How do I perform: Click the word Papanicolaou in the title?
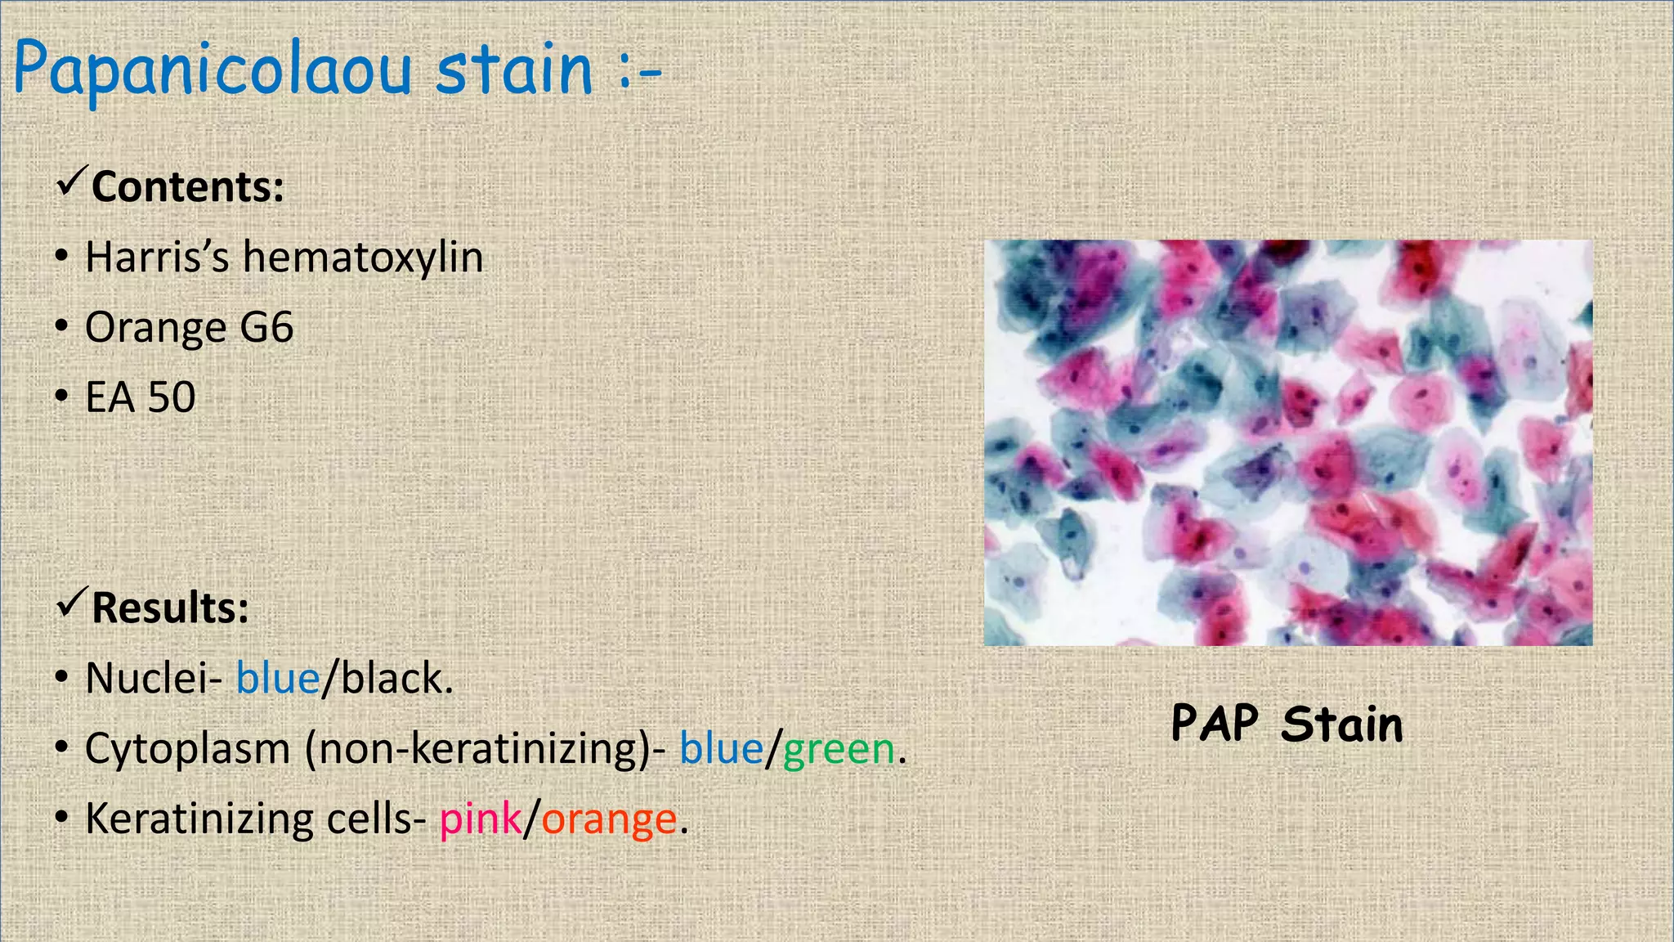click(213, 70)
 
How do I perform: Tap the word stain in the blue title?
click(513, 69)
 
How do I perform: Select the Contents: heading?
click(187, 186)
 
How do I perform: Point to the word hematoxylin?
click(363, 257)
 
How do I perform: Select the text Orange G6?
click(189, 327)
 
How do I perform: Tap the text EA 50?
click(141, 397)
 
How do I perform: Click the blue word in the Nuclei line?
click(277, 679)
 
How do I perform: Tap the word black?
click(392, 678)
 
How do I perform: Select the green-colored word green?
click(839, 750)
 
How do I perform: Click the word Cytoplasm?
click(187, 749)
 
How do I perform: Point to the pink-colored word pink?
click(480, 819)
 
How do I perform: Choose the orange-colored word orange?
click(609, 820)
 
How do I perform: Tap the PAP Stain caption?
click(1287, 724)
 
